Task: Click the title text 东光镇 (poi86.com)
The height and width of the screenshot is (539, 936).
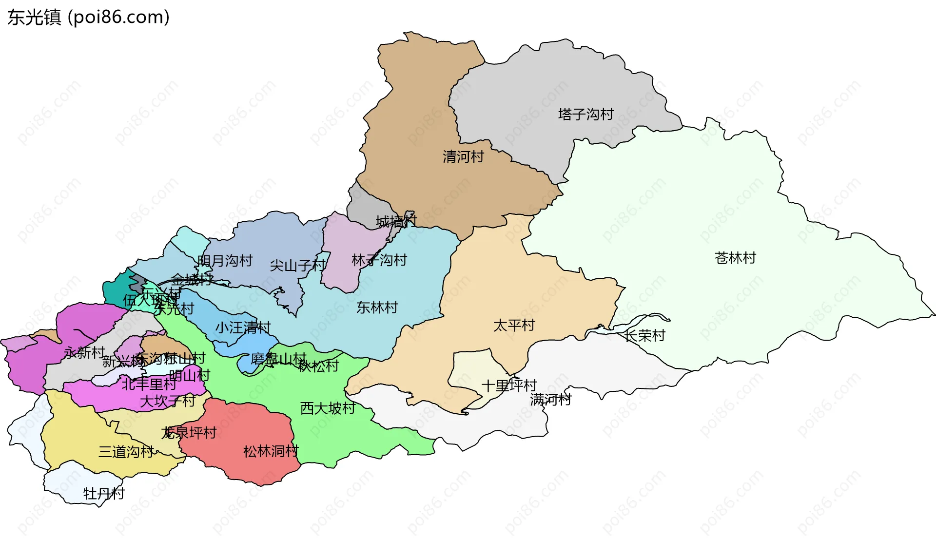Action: coord(88,18)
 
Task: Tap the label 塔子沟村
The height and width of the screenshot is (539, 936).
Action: coord(585,115)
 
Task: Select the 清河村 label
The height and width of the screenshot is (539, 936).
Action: coord(463,157)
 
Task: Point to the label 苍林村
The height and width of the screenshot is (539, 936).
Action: coord(735,258)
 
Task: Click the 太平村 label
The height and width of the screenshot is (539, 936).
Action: coord(514,325)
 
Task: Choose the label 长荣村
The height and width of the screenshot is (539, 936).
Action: coord(645,335)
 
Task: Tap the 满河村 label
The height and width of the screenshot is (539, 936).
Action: coord(550,400)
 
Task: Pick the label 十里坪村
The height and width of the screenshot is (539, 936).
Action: coord(509,386)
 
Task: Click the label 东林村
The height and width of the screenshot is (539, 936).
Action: coord(377,308)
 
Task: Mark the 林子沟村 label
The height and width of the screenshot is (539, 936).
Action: coord(379,260)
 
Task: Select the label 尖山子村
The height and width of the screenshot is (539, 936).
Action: coord(297,266)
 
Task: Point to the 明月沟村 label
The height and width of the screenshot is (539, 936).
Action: coord(225,261)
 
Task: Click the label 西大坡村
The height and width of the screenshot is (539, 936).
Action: coord(328,408)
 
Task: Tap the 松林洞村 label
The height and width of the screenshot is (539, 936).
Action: coord(271,451)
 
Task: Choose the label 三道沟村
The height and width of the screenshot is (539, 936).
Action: coord(126,452)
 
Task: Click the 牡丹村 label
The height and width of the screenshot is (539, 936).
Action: coord(104,494)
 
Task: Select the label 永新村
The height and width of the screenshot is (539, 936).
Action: coord(84,352)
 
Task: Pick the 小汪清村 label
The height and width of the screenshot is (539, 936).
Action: coord(243,327)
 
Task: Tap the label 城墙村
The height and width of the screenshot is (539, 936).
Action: coord(396,222)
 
